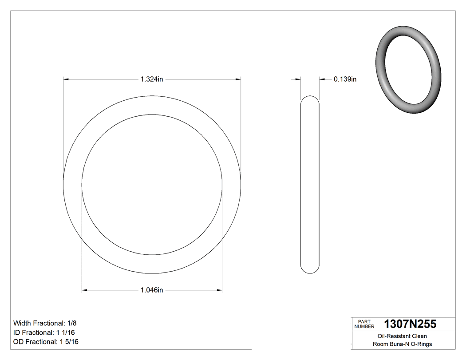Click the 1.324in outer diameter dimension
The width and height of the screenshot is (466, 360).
click(x=152, y=79)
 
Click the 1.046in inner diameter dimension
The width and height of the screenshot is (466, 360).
click(x=152, y=290)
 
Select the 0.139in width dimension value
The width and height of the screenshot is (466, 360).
click(x=345, y=79)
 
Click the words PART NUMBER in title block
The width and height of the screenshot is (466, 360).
click(x=364, y=324)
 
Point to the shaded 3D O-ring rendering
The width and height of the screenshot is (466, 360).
click(x=408, y=71)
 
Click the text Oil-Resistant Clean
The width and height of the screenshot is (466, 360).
click(x=402, y=336)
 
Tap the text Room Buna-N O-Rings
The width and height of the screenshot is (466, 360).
click(x=402, y=344)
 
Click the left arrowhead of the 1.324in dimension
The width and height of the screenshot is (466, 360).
click(x=66, y=79)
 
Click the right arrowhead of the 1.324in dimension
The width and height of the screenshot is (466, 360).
click(x=238, y=79)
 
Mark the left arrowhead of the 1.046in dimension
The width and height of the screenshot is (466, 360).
click(x=85, y=290)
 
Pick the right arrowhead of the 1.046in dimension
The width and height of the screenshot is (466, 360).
click(x=219, y=290)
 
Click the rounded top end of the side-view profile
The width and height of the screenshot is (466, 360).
click(x=310, y=100)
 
